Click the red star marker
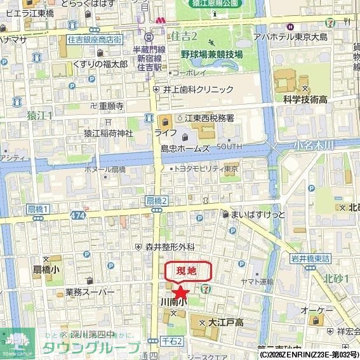181,291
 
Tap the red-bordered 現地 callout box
189,271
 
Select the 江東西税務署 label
210,118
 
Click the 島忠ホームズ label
185,148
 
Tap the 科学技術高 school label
305,99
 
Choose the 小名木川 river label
314,145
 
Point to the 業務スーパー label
90,292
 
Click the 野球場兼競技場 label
211,55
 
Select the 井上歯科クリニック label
198,90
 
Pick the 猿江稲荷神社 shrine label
108,133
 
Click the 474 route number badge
78,216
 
